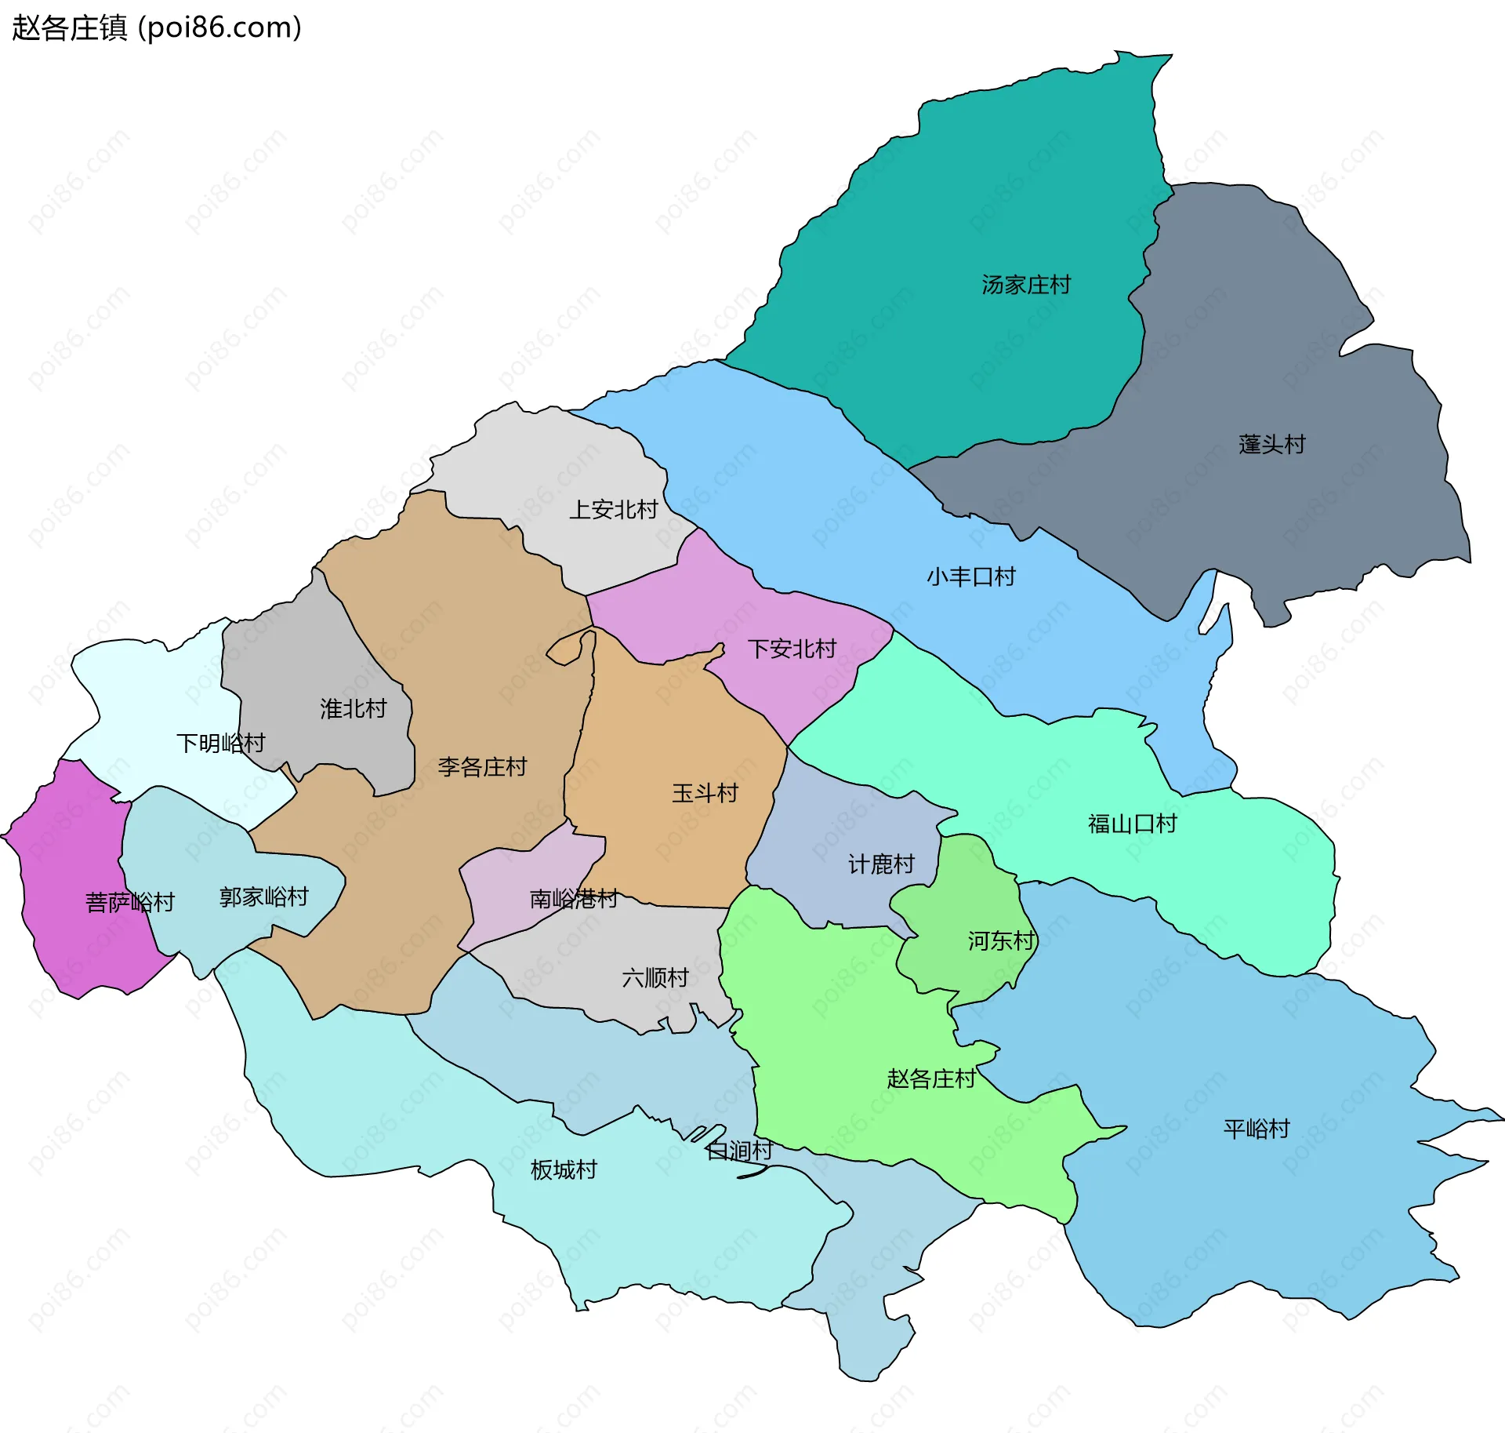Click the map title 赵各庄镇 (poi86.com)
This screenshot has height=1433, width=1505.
[157, 28]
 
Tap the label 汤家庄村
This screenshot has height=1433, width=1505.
[1025, 285]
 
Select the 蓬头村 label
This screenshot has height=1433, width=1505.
[1271, 445]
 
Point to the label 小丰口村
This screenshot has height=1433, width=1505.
[970, 577]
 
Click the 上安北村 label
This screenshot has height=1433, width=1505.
[613, 510]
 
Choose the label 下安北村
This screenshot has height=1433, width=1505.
[792, 649]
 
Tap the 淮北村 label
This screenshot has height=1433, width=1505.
[354, 709]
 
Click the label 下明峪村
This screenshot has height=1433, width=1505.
[221, 743]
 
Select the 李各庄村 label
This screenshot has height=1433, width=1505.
[482, 767]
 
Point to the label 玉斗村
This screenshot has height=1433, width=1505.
[705, 793]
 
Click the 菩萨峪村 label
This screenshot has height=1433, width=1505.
[130, 902]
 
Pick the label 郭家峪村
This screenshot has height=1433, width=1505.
[264, 897]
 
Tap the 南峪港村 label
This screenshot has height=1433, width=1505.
[574, 899]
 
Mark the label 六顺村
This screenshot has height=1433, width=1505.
[655, 978]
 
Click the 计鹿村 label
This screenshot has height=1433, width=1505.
[881, 864]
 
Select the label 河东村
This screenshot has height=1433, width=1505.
[1001, 940]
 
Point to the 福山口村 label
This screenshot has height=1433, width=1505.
[1132, 824]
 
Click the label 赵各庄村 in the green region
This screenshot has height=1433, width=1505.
[931, 1079]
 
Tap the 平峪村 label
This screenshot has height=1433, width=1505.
[1257, 1129]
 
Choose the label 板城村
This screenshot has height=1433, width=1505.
[564, 1170]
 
